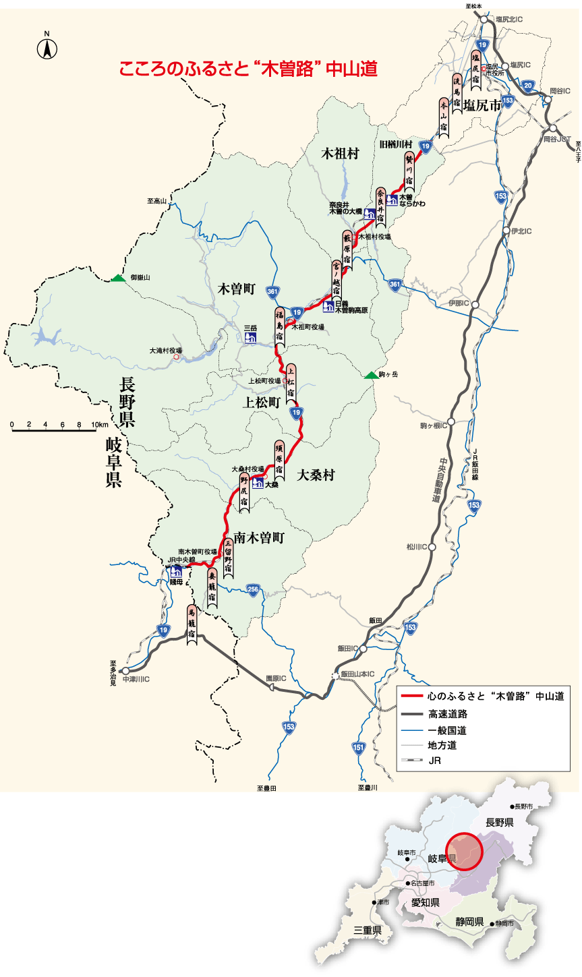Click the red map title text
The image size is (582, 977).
point(248,69)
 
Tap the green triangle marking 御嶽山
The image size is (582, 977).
point(118,278)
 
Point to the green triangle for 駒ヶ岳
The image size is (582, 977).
point(370,375)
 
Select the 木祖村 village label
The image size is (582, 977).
point(339,154)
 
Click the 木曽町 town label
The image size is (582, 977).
point(236,289)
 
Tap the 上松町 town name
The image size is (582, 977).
point(262,403)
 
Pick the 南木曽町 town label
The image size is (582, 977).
point(260,538)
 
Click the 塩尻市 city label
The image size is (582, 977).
point(483,105)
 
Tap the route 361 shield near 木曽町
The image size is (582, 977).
point(272,292)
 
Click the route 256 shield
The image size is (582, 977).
point(253,589)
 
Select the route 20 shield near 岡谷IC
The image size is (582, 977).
point(529,85)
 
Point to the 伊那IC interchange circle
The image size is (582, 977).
point(475,304)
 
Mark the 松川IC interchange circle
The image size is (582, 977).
point(432,547)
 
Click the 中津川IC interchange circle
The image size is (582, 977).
point(125,671)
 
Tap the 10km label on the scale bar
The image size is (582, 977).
point(98,425)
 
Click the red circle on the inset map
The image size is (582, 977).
point(465,852)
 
